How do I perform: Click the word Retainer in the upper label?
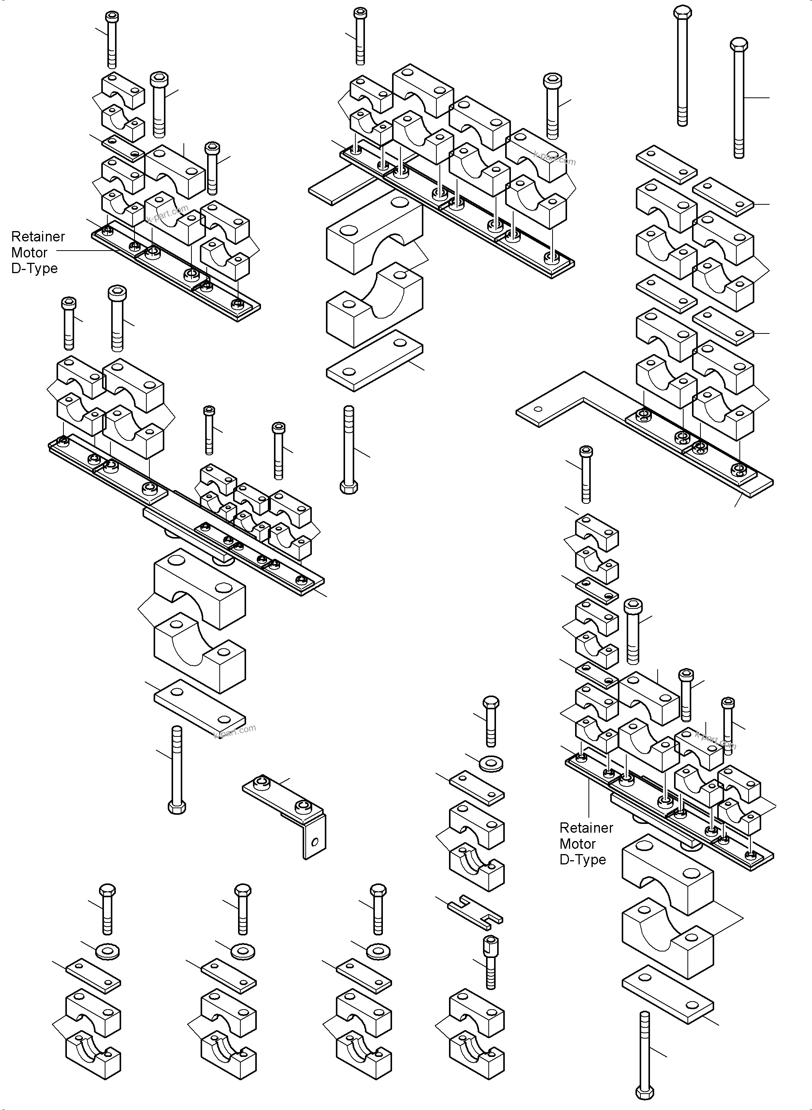coord(38,236)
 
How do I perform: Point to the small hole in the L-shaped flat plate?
coord(538,409)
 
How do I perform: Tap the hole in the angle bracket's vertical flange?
coord(315,842)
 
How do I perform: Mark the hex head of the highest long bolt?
coord(682,13)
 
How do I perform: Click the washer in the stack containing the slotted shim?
coord(491,764)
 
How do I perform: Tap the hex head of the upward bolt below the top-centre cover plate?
coord(348,487)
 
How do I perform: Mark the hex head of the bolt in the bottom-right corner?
coord(645,1093)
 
